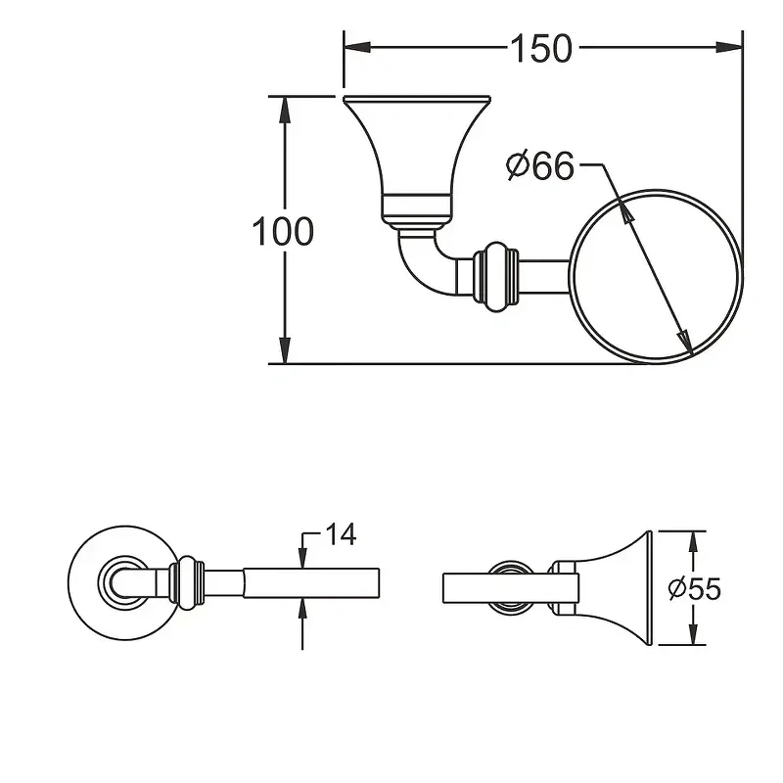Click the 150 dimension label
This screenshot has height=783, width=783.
(x=541, y=48)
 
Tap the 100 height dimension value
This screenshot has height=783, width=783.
(x=283, y=231)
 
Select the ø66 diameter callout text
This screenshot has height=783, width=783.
(x=540, y=165)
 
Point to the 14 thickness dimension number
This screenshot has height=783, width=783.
(x=341, y=534)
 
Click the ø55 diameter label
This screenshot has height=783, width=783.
(x=695, y=589)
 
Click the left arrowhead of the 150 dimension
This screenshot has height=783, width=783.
(x=357, y=47)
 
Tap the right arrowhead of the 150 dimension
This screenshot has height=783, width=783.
(x=729, y=47)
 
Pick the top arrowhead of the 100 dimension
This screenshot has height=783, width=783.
(x=285, y=110)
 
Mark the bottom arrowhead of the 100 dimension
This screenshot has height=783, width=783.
(x=285, y=350)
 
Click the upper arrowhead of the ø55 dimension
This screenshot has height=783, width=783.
(x=692, y=542)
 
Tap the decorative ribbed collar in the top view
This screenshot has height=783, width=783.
(x=496, y=277)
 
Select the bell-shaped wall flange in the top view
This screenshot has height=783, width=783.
(x=417, y=161)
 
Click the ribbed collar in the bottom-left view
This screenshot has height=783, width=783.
(x=187, y=582)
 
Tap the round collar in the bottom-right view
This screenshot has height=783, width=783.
(x=509, y=586)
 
